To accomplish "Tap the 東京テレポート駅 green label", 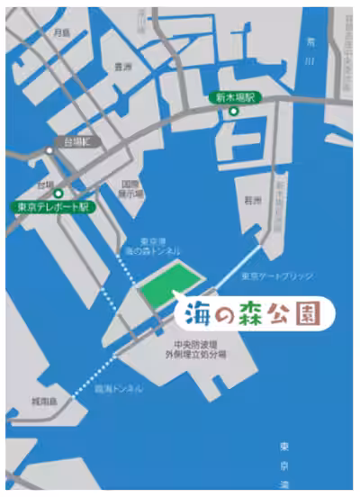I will point(51,205).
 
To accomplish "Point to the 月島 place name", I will point(61,32).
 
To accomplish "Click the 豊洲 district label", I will point(122,67).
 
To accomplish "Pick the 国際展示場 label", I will point(132,186).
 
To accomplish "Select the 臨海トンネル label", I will point(119,389).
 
